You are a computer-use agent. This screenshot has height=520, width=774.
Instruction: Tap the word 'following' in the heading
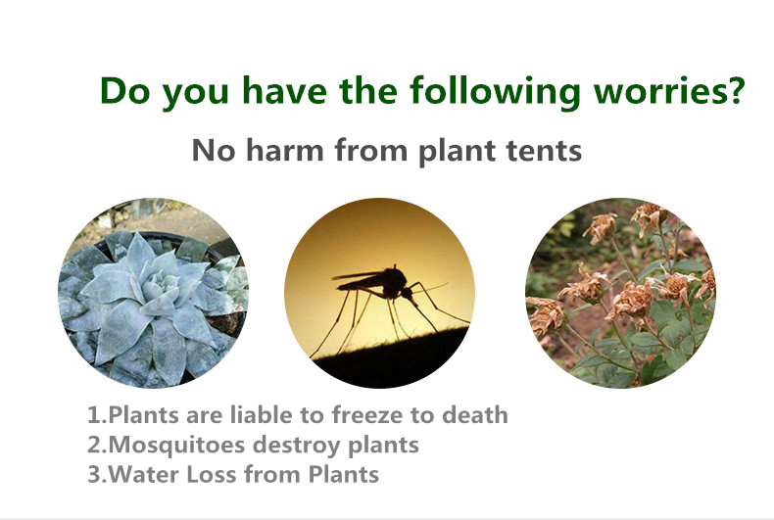pyautogui.click(x=495, y=91)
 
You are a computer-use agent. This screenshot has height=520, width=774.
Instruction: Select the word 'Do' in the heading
pyautogui.click(x=124, y=90)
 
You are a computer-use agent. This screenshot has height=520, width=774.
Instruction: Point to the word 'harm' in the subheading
pyautogui.click(x=285, y=150)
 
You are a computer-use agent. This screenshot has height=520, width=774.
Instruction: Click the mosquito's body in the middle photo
pyautogui.click(x=380, y=283)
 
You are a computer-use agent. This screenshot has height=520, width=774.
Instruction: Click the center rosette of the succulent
pyautogui.click(x=157, y=286)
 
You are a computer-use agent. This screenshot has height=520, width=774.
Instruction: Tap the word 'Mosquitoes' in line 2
pyautogui.click(x=176, y=445)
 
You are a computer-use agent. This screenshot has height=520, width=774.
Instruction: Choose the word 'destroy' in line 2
pyautogui.click(x=297, y=446)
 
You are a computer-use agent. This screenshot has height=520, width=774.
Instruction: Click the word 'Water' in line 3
pyautogui.click(x=143, y=474)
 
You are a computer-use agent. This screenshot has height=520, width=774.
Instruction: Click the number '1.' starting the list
pyautogui.click(x=97, y=415)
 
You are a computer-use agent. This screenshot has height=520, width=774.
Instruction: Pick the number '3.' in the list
pyautogui.click(x=97, y=475)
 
